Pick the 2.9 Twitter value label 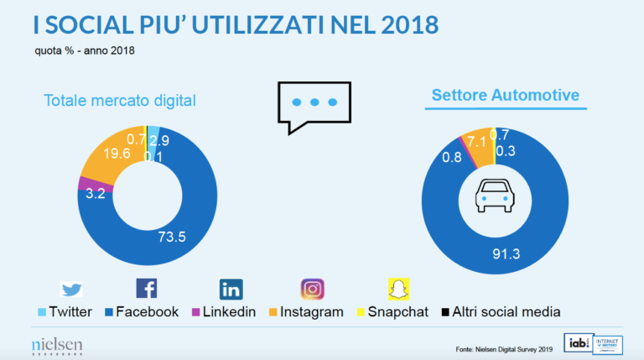(160, 139)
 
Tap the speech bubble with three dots (314, 105)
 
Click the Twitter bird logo (72, 290)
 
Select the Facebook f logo (146, 289)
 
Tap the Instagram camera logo (312, 289)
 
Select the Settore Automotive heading (505, 96)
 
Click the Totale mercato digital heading (119, 102)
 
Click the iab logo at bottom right (577, 343)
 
